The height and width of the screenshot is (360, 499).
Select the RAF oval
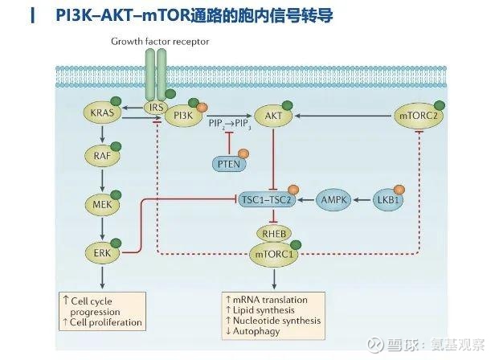click(101, 156)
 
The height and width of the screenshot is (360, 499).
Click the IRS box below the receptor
click(155, 107)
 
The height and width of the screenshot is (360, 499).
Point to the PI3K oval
click(184, 117)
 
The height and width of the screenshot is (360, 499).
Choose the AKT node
click(274, 117)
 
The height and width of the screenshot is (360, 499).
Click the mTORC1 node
click(275, 254)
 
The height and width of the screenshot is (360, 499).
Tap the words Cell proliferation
click(107, 322)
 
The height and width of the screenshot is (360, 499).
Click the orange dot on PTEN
click(243, 153)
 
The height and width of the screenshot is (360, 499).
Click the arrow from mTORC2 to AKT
click(346, 117)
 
